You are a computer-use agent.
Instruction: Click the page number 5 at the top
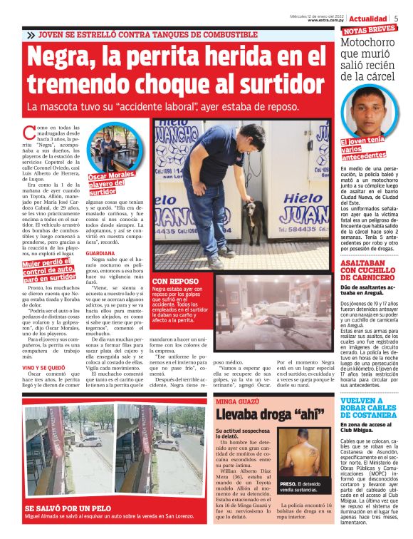pyautogui.click(x=397, y=19)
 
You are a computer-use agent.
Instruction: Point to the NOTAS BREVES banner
pyautogui.click(x=370, y=30)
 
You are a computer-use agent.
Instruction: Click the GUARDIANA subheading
pyautogui.click(x=100, y=253)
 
